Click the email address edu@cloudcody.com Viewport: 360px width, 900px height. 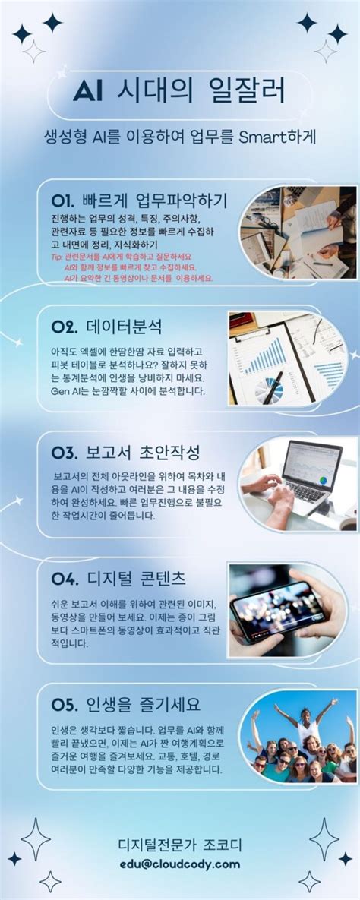tap(179, 864)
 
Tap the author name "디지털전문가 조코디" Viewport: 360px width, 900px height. tap(180, 845)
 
